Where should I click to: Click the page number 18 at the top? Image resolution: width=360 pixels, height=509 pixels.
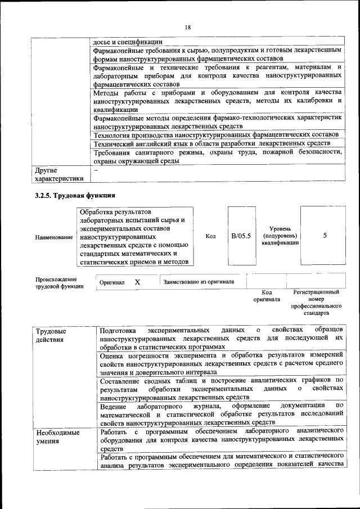tap(187, 26)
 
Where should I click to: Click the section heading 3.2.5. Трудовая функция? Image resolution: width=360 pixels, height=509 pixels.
tap(75, 196)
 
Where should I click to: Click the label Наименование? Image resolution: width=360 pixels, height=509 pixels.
tap(54, 237)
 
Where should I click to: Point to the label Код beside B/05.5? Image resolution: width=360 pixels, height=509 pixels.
tap(211, 236)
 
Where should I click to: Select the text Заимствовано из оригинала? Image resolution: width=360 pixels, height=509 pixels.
tap(199, 282)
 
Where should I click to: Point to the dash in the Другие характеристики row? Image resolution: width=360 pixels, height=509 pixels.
tap(96, 169)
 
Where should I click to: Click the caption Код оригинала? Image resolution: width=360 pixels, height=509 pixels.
tap(267, 296)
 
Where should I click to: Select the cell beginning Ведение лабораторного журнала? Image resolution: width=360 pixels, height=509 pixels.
tap(221, 413)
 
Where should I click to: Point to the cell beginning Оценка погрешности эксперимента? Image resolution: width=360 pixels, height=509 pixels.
tap(221, 364)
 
